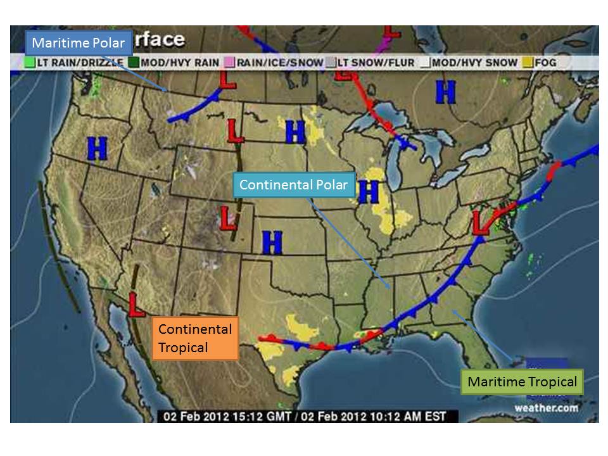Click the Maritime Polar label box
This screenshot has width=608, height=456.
pos(79,43)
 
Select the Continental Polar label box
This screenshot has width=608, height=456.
pos(293,185)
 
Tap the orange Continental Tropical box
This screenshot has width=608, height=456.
pos(195,338)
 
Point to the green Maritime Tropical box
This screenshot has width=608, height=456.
pos(522,382)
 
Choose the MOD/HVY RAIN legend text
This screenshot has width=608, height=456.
pos(179,63)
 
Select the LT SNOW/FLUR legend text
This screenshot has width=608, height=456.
pos(375,63)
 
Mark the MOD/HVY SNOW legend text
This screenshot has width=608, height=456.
pos(474,63)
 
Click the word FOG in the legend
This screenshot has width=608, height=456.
pos(545,63)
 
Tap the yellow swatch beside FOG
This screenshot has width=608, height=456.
pos(528,63)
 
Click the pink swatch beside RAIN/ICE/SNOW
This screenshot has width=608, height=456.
pos(229,63)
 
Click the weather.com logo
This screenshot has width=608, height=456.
pos(545,408)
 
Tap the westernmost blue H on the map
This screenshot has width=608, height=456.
pos(97,149)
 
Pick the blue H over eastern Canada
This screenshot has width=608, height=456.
pos(445,93)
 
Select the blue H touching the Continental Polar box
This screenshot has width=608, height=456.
pos(368,192)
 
